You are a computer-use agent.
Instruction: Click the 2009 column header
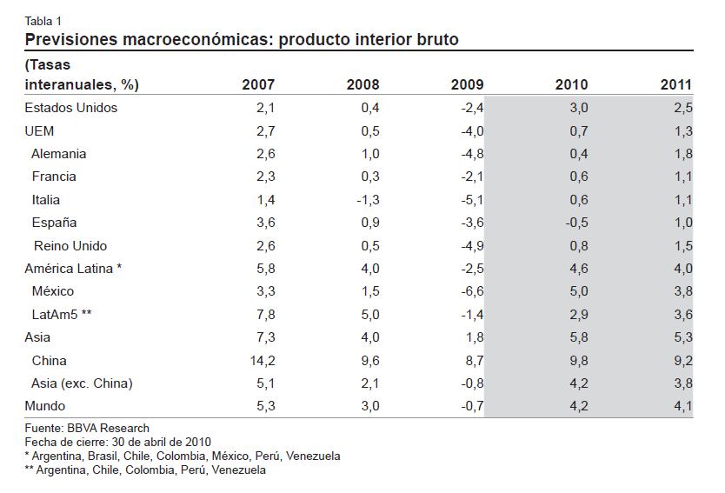pyautogui.click(x=467, y=84)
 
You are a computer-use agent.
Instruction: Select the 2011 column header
pyautogui.click(x=676, y=84)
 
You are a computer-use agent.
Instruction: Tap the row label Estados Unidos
pyautogui.click(x=71, y=108)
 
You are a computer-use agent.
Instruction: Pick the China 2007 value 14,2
pyautogui.click(x=263, y=361)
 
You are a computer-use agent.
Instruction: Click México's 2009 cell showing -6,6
pyautogui.click(x=473, y=291)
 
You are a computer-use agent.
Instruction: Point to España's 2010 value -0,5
pyautogui.click(x=577, y=223)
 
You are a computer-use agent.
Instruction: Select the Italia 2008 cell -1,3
pyautogui.click(x=368, y=200)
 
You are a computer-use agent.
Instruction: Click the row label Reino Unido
pyautogui.click(x=70, y=245)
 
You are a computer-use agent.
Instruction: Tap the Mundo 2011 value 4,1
pyautogui.click(x=683, y=406)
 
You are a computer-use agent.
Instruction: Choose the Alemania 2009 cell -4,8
pyautogui.click(x=473, y=154)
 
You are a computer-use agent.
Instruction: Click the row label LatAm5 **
pyautogui.click(x=62, y=315)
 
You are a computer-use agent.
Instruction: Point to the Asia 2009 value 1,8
pyautogui.click(x=475, y=337)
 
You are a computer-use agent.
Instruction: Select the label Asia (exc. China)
pyautogui.click(x=82, y=383)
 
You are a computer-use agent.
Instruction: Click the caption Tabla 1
pyautogui.click(x=43, y=21)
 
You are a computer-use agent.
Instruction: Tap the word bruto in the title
pyautogui.click(x=437, y=39)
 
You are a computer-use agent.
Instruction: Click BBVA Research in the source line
pyautogui.click(x=108, y=429)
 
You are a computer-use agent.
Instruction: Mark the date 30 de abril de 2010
pyautogui.click(x=161, y=442)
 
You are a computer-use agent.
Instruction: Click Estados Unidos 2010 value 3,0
pyautogui.click(x=579, y=108)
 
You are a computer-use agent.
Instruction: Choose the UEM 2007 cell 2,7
pyautogui.click(x=266, y=131)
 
